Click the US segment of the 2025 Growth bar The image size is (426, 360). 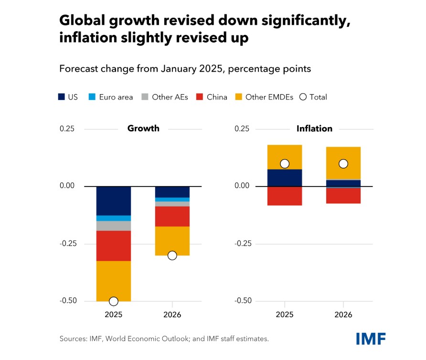114,201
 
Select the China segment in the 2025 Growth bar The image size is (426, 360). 114,246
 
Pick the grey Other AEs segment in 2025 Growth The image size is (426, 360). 114,226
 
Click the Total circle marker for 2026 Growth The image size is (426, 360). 172,255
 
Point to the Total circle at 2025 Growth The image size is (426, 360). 114,301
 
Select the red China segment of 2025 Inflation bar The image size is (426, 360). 285,196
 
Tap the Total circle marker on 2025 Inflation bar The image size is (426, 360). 285,164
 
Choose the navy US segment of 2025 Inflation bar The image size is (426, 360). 285,178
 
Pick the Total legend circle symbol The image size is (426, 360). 302,97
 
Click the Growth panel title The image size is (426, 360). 143,129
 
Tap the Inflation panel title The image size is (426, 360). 314,129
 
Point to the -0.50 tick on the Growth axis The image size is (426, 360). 67,301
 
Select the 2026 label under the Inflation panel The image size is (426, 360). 343,315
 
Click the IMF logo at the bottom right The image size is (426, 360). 371,338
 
